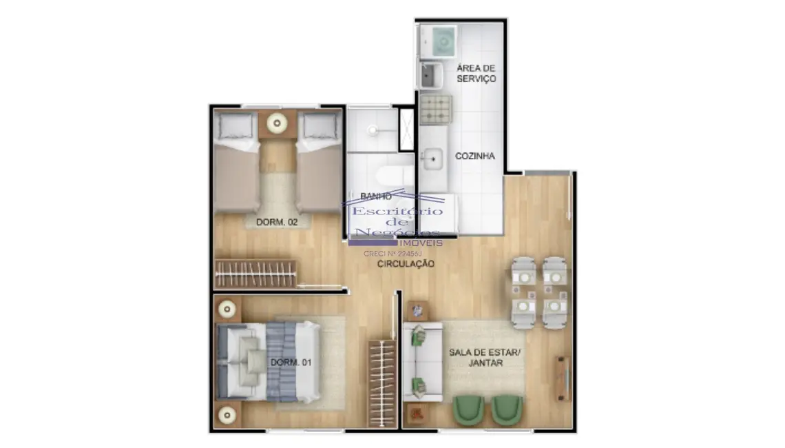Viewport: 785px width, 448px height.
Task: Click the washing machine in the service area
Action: tap(438, 41)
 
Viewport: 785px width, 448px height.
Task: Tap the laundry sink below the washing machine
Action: tap(432, 75)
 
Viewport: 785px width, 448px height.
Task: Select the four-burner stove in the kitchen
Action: tap(436, 109)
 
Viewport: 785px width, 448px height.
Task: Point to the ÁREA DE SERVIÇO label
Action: tap(476, 74)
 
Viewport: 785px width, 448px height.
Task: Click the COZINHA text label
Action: tap(474, 156)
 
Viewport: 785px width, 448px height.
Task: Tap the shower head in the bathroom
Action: tap(372, 129)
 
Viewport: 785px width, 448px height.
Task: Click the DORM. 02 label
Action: tap(276, 222)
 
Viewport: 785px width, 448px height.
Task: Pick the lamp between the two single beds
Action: tap(278, 125)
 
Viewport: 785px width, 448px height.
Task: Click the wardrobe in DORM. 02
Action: tap(255, 274)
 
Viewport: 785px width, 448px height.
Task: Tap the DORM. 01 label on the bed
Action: tap(285, 362)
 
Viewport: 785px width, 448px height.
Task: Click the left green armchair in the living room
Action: tap(468, 410)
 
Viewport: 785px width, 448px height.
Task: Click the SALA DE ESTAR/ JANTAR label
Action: tap(485, 357)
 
